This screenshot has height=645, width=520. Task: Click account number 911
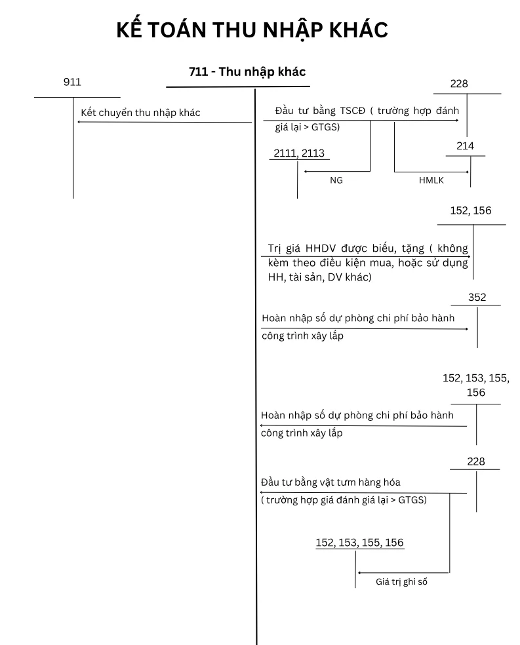(72, 82)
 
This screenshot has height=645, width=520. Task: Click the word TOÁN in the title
(177, 30)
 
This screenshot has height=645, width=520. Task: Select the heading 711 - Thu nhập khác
(247, 72)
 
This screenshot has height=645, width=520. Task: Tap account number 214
(466, 146)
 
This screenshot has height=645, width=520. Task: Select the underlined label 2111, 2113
(299, 153)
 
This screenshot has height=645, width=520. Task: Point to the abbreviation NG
(336, 180)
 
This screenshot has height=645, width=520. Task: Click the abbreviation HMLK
(431, 180)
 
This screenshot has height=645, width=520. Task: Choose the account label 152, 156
(471, 210)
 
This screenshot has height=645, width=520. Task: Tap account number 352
(477, 298)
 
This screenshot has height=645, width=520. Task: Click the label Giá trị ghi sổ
(401, 581)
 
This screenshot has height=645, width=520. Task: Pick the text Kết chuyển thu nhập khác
(140, 113)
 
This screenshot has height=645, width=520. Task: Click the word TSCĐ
(353, 111)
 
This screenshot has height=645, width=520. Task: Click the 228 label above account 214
(459, 84)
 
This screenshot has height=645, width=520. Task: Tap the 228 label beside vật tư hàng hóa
(476, 461)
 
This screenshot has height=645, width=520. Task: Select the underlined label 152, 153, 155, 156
(359, 543)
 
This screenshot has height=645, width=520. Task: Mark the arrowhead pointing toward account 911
(79, 122)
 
